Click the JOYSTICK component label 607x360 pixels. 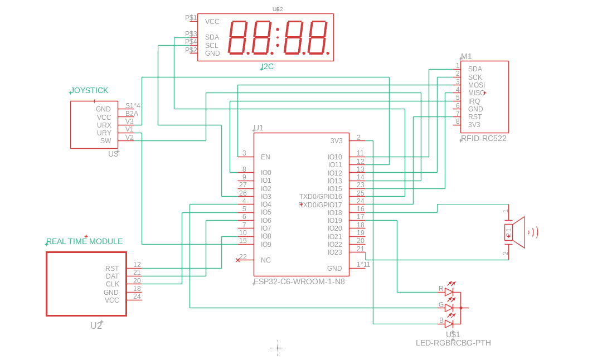tap(89, 90)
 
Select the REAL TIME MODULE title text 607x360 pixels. tap(84, 241)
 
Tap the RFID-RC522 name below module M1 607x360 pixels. tap(484, 138)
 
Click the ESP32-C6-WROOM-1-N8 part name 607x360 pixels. tap(300, 281)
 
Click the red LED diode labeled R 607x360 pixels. tap(449, 291)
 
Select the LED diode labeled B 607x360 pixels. tap(449, 323)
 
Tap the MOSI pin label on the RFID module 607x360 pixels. tap(476, 85)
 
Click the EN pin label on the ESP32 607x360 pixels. tap(265, 157)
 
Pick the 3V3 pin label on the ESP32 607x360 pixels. tap(336, 141)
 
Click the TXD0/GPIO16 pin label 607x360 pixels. tap(321, 197)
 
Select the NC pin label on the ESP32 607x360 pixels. tap(265, 260)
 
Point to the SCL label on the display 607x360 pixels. tap(211, 46)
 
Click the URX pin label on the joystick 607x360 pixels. tap(104, 125)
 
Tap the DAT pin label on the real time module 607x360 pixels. tap(112, 276)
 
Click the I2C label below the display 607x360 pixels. tap(268, 66)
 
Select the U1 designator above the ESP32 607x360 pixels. tap(258, 128)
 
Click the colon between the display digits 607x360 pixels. tap(278, 37)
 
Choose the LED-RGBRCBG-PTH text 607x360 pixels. tap(453, 343)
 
